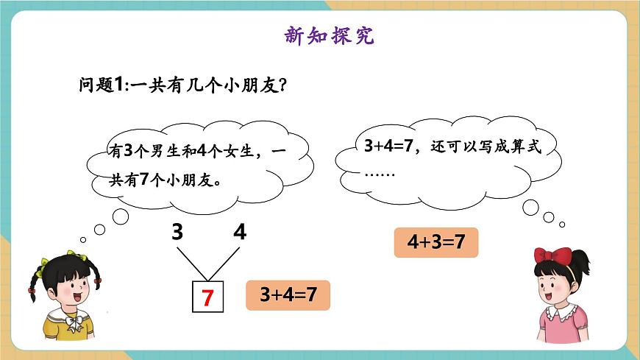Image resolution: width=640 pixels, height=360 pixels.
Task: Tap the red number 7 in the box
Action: point(207,298)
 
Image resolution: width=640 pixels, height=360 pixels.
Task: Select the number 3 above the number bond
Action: point(177,233)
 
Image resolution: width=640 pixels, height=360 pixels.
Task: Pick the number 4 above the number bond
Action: point(240,233)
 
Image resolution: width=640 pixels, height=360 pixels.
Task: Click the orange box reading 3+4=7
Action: point(288,294)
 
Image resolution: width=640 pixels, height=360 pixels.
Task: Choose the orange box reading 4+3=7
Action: point(436,242)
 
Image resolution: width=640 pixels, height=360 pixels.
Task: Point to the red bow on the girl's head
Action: point(553,255)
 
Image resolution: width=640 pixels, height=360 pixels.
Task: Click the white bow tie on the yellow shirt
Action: point(71,320)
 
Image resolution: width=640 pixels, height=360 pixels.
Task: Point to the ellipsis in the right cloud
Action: point(380,174)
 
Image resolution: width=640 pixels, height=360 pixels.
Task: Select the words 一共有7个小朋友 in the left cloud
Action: point(169,178)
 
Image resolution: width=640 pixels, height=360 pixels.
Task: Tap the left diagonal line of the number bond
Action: point(188,263)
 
